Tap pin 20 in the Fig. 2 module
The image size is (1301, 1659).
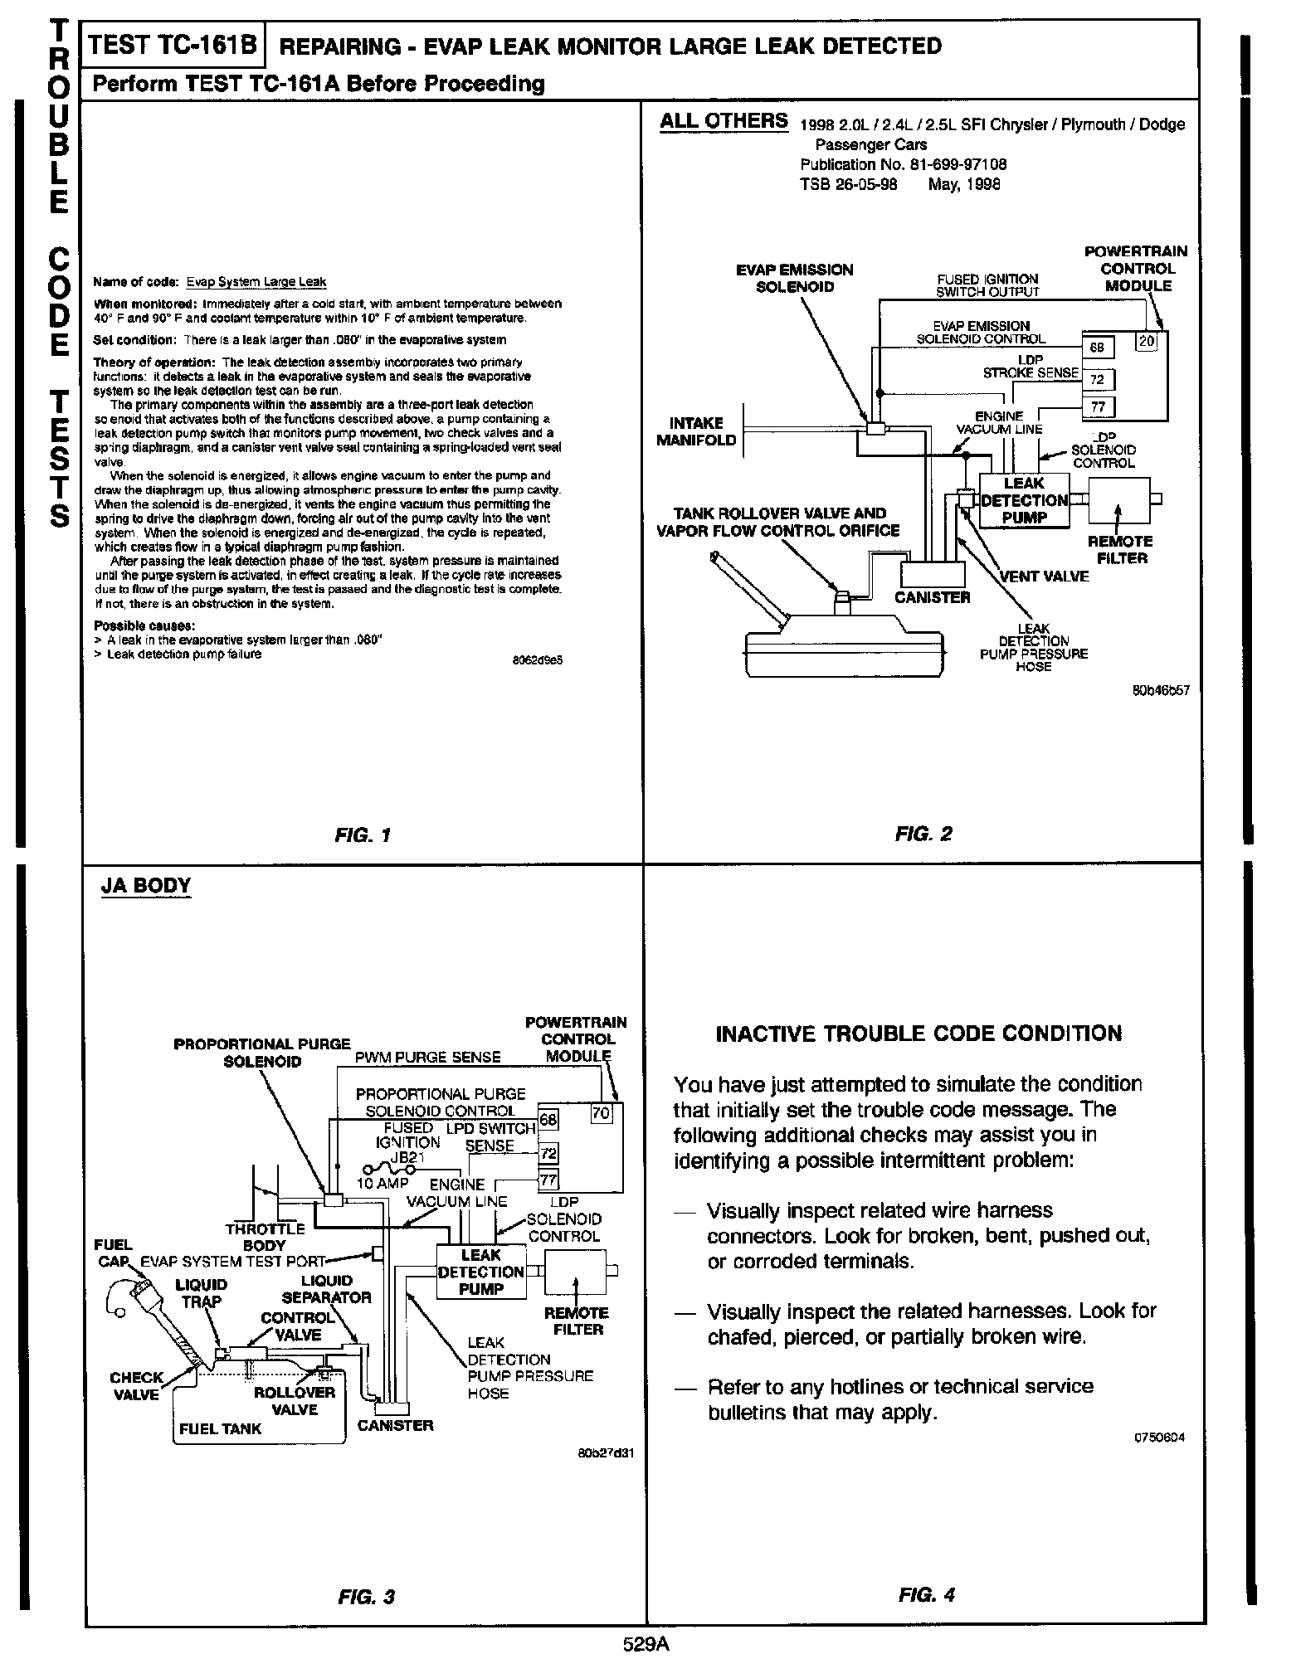click(1146, 340)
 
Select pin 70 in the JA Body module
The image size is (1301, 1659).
click(601, 1113)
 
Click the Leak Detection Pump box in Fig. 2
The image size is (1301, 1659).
click(1025, 501)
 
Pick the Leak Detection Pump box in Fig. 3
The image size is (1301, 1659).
click(481, 1272)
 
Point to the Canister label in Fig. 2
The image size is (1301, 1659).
click(932, 597)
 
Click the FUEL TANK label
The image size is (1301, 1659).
click(220, 1428)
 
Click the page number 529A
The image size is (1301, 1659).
click(646, 1644)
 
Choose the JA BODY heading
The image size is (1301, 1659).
click(145, 886)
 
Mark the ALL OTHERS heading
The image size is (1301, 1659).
click(724, 121)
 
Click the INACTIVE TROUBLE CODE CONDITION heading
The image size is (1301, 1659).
click(918, 1034)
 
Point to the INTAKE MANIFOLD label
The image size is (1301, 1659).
click(696, 431)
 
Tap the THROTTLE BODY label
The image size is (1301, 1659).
click(265, 1237)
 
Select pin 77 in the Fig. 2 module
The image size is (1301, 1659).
click(1098, 406)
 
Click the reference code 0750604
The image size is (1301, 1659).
click(1158, 1438)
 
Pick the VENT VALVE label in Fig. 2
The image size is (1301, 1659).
click(1044, 577)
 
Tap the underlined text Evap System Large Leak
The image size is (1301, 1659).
click(256, 281)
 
